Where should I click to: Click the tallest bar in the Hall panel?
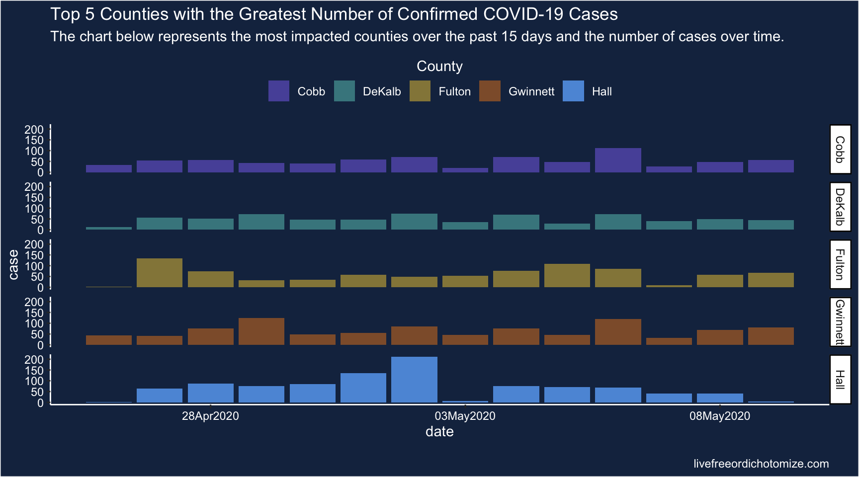(414, 380)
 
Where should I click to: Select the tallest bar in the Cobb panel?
(618, 160)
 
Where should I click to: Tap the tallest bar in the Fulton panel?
(160, 273)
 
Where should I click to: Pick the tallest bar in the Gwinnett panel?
(261, 331)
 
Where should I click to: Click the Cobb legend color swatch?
(278, 91)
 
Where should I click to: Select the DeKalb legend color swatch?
(344, 91)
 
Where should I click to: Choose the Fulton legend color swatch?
(420, 91)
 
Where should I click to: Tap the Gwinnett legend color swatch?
(490, 91)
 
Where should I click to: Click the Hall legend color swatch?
(573, 91)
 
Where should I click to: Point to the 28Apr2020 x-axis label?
(210, 416)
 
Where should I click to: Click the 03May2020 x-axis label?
(465, 416)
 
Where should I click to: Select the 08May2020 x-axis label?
(719, 416)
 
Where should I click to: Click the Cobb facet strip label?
(840, 149)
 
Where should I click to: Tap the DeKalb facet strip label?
(840, 207)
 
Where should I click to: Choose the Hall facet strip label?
(840, 380)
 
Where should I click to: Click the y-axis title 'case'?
(13, 264)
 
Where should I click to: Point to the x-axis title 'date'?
(439, 431)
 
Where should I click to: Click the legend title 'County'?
(439, 66)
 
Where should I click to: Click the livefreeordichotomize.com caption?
(761, 464)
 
